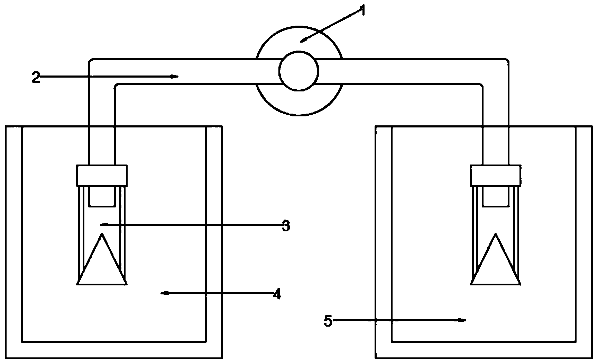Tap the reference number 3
point(286,226)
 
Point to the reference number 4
point(277,294)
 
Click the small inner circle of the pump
point(298,71)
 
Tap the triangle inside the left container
point(102,259)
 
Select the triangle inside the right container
point(496,259)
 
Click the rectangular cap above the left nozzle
point(102,175)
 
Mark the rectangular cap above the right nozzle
point(496,175)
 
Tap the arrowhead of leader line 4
point(165,294)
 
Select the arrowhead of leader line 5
point(462,320)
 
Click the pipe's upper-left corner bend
point(102,71)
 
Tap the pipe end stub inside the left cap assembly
point(102,196)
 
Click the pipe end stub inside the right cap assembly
point(496,196)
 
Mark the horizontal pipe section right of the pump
point(408,71)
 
